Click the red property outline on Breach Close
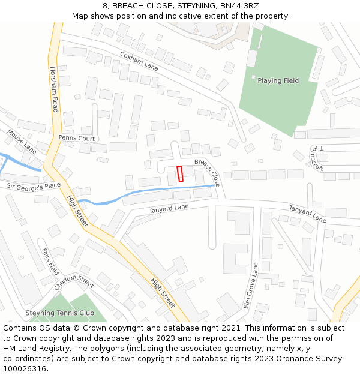point(180,173)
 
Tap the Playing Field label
point(278,80)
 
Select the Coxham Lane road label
point(139,61)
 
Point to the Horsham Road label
point(55,89)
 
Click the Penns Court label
point(77,138)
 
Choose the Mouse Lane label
point(22,141)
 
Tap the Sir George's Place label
point(34,187)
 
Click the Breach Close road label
point(207,171)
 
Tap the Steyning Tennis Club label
point(59,313)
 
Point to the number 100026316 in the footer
point(24,369)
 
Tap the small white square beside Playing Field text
point(253,77)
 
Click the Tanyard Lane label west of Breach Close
point(169,208)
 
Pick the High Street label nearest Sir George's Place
point(77,211)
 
